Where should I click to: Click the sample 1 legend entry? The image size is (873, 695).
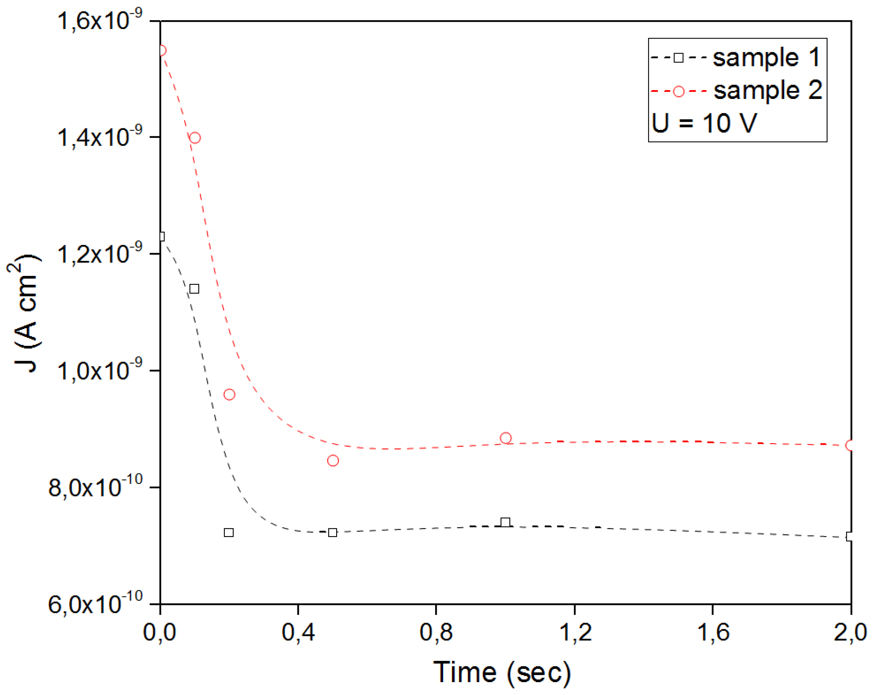tap(735, 58)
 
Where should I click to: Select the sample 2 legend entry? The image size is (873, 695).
tap(736, 90)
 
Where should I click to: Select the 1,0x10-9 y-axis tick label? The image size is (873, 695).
tap(100, 370)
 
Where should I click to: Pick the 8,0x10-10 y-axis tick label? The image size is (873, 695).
tap(96, 487)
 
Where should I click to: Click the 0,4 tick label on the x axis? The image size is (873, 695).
tap(298, 632)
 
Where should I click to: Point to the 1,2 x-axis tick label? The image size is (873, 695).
tap(575, 632)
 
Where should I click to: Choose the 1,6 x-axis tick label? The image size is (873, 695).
tap(713, 632)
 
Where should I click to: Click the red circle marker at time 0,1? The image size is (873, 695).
tap(195, 138)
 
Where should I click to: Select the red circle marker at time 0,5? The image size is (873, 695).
tap(333, 461)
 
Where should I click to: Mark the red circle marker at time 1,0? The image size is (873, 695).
tap(505, 438)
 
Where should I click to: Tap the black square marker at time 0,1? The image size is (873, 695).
tap(194, 289)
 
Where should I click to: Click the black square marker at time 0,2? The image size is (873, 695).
tap(229, 533)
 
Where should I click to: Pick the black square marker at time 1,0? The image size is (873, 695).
tap(505, 522)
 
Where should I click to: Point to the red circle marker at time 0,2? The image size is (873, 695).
tap(229, 395)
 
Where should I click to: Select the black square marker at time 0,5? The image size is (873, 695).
tap(333, 533)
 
